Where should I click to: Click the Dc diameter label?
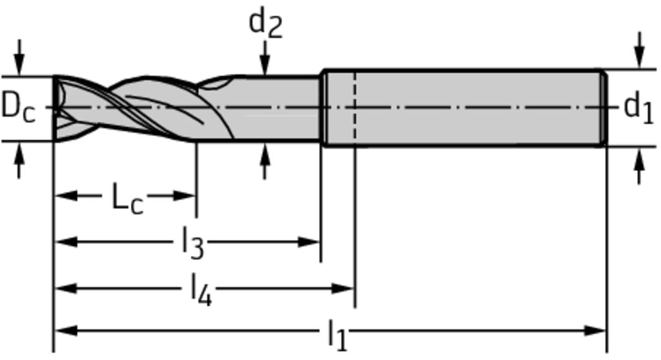(17, 106)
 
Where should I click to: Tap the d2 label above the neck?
(265, 23)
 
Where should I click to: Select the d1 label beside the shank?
(638, 107)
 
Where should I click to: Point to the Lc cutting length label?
(127, 197)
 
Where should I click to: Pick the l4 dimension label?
(199, 290)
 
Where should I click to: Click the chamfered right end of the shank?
(604, 108)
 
